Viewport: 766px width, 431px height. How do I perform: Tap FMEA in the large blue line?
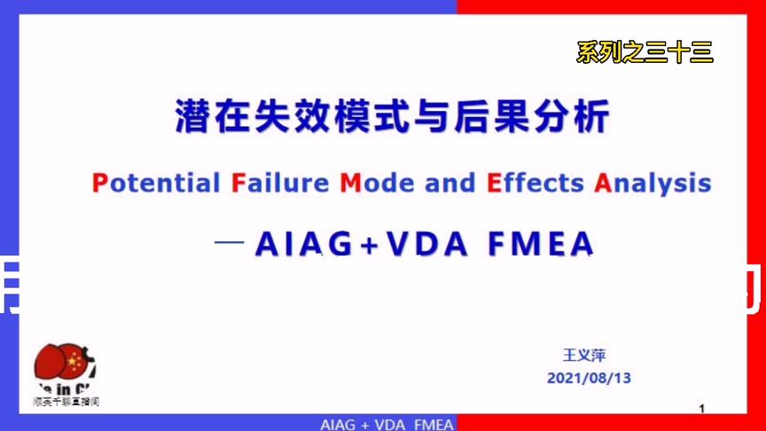pos(541,245)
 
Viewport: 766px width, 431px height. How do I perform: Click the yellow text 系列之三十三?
pos(645,53)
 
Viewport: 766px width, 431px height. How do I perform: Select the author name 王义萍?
pos(583,355)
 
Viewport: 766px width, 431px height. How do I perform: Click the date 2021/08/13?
pos(589,377)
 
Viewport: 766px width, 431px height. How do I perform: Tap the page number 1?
pos(702,409)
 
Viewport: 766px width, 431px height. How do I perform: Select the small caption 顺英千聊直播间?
pos(66,402)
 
